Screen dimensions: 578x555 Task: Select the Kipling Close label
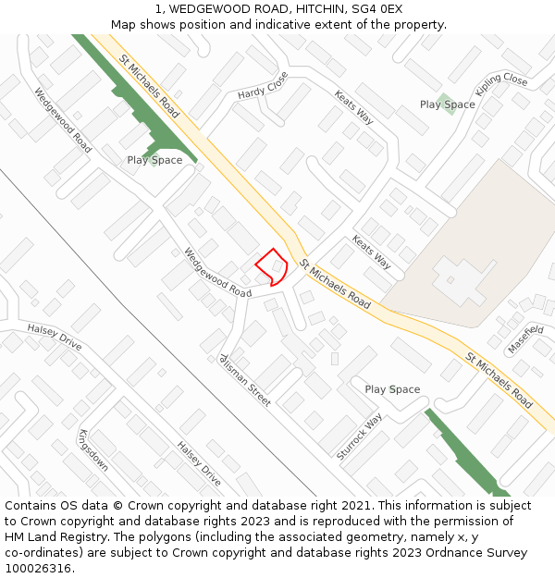pyautogui.click(x=501, y=87)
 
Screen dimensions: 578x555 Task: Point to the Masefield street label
pyautogui.click(x=525, y=339)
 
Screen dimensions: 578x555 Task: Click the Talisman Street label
pyautogui.click(x=245, y=379)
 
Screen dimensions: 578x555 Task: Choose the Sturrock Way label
pyautogui.click(x=360, y=437)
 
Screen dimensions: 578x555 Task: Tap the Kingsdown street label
pyautogui.click(x=93, y=450)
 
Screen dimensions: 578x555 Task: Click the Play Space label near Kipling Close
pyautogui.click(x=448, y=105)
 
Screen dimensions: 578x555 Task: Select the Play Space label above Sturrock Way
pyautogui.click(x=392, y=389)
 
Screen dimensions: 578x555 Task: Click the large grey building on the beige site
pyautogui.click(x=460, y=278)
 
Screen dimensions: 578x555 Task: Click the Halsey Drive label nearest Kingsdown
pyautogui.click(x=199, y=463)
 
